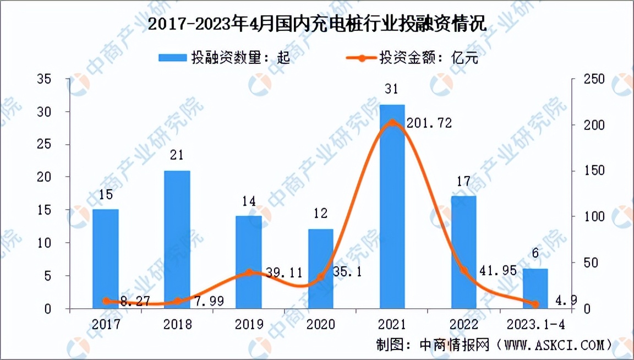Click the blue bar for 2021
pyautogui.click(x=392, y=206)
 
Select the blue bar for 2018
pyautogui.click(x=177, y=239)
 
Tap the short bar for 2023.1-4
pyautogui.click(x=535, y=288)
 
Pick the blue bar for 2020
pyautogui.click(x=320, y=269)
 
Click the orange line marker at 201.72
pyautogui.click(x=392, y=122)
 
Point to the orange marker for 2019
pyautogui.click(x=249, y=272)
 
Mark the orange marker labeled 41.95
pyautogui.click(x=463, y=270)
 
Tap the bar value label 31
pyautogui.click(x=392, y=89)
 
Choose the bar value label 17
pyautogui.click(x=463, y=181)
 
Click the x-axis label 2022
pyautogui.click(x=463, y=324)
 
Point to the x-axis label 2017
pyautogui.click(x=106, y=324)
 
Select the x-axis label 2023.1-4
pyautogui.click(x=534, y=324)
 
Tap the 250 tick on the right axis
pyautogui.click(x=594, y=79)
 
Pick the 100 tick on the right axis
pyautogui.click(x=594, y=217)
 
